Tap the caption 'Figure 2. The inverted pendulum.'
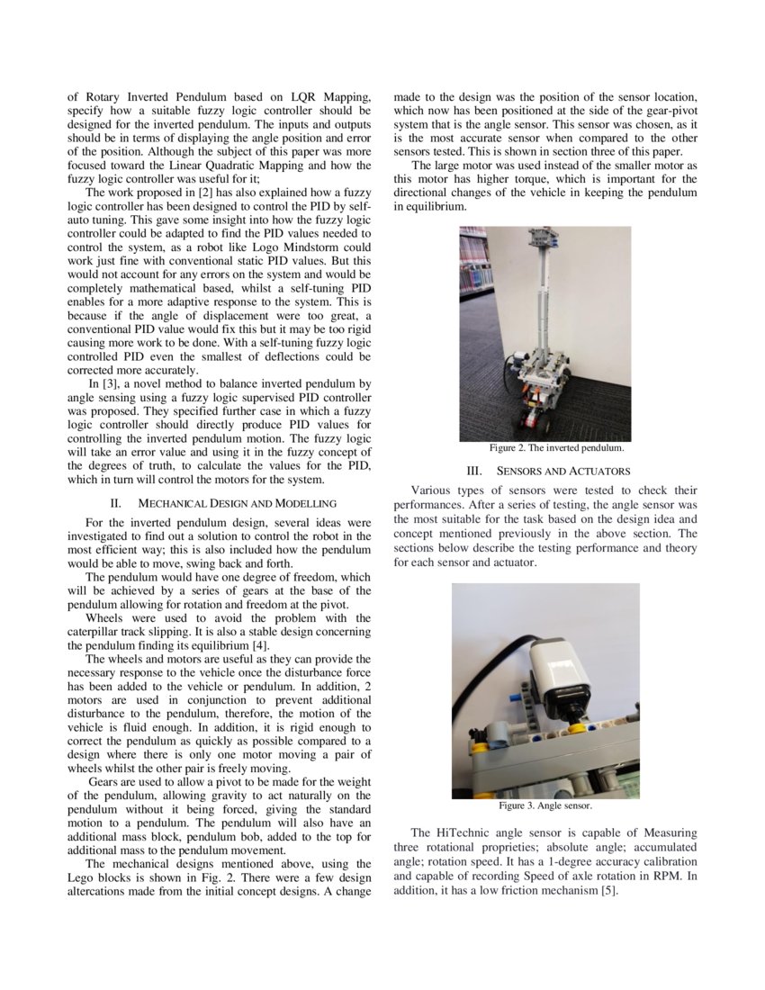(556, 447)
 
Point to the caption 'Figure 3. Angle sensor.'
(545, 805)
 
